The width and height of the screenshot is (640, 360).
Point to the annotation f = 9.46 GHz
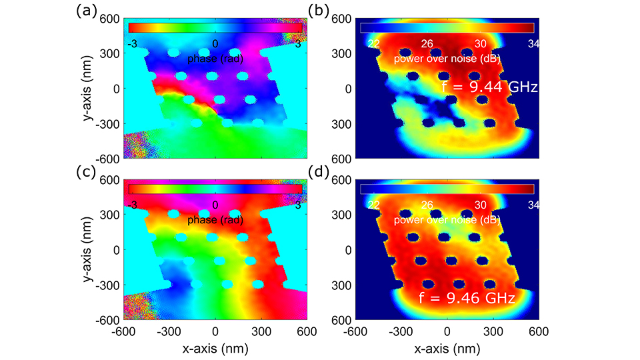(x=467, y=298)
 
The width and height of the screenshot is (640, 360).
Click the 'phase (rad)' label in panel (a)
(x=215, y=59)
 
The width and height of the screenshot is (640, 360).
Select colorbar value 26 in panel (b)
(x=427, y=43)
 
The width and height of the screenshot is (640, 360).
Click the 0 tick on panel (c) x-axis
(x=215, y=331)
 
